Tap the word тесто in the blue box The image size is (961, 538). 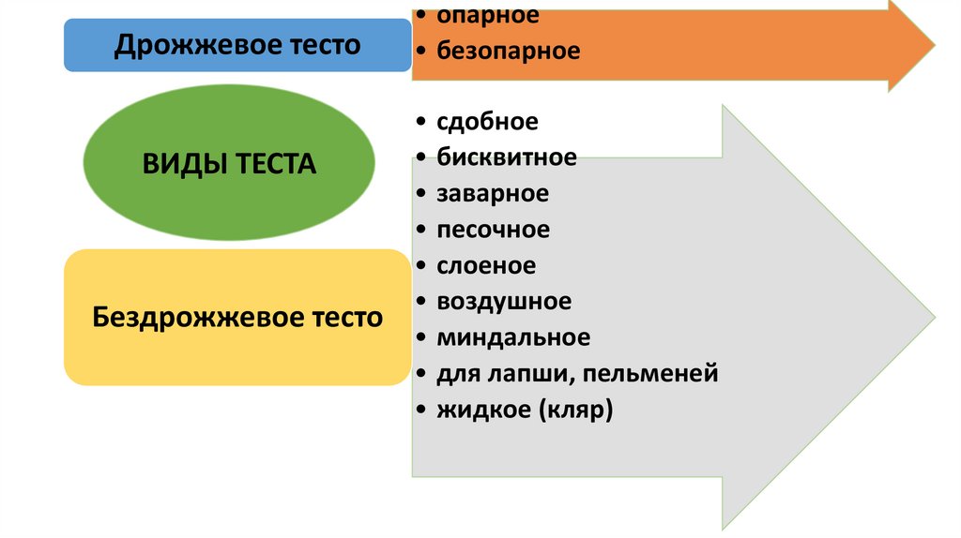pyautogui.click(x=317, y=45)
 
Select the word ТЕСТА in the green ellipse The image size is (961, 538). pyautogui.click(x=272, y=165)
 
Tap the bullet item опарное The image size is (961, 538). pyautogui.click(x=488, y=16)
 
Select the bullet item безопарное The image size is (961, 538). pyautogui.click(x=508, y=51)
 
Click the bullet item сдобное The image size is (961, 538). pyautogui.click(x=487, y=122)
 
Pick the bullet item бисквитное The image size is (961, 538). pyautogui.click(x=507, y=157)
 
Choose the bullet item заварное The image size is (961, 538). pyautogui.click(x=493, y=194)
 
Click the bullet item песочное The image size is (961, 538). pyautogui.click(x=494, y=230)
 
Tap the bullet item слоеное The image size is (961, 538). pyautogui.click(x=486, y=266)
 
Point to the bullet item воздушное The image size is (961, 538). pyautogui.click(x=504, y=302)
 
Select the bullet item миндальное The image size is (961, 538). pyautogui.click(x=513, y=337)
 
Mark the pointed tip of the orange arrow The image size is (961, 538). pyautogui.click(x=933, y=45)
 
